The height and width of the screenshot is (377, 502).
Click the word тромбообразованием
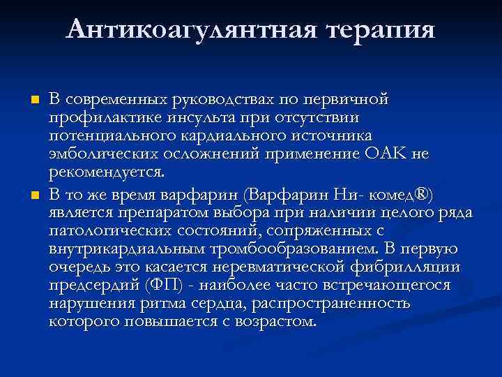[291, 249]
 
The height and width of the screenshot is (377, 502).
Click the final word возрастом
[277, 323]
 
